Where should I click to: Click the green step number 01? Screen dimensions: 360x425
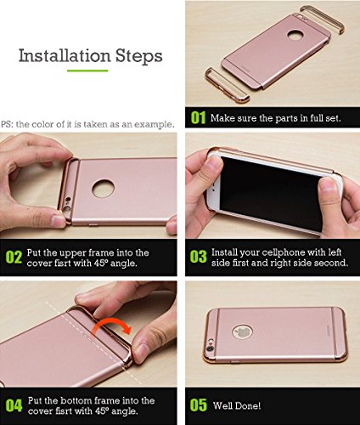(x=198, y=117)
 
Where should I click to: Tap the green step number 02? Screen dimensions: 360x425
(x=14, y=258)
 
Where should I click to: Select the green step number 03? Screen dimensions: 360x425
(x=199, y=257)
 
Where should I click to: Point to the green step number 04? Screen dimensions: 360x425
(x=14, y=405)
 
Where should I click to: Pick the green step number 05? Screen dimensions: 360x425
(x=199, y=405)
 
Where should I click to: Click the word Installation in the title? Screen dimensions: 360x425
(x=65, y=55)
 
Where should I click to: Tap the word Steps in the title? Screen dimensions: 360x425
(x=139, y=56)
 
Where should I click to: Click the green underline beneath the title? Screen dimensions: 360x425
(x=87, y=71)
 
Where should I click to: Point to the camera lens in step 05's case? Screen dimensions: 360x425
(x=210, y=348)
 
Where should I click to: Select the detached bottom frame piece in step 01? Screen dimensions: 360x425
(x=227, y=85)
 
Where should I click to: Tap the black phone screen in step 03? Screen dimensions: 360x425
(x=272, y=193)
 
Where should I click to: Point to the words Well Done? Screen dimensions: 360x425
(x=237, y=405)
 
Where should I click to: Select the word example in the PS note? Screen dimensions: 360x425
(x=154, y=124)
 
